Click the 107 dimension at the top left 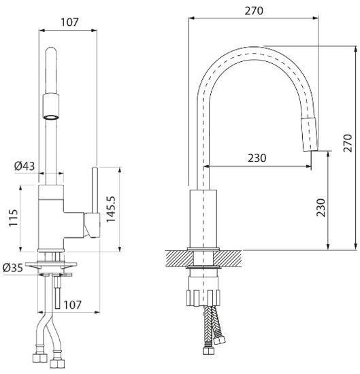click(x=69, y=21)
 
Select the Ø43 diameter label click(x=24, y=165)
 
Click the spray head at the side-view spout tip click(x=308, y=133)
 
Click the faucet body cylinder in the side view click(x=203, y=219)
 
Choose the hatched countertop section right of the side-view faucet click(x=232, y=258)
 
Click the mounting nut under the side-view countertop click(x=203, y=296)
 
